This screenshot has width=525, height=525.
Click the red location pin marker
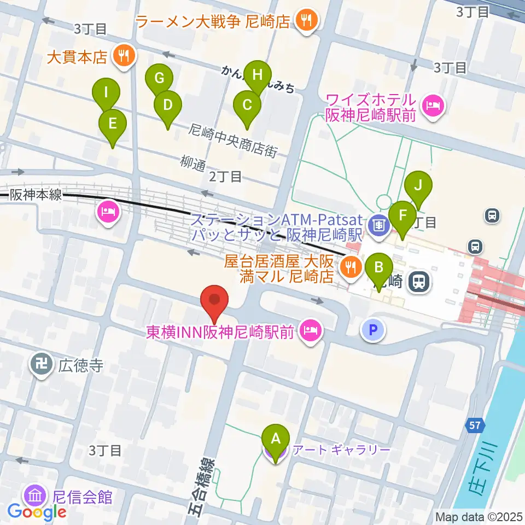[x=214, y=303]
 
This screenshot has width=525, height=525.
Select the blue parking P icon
[x=373, y=330]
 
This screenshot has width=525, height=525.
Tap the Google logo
[x=37, y=512]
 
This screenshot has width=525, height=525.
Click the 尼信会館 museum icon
[x=36, y=496]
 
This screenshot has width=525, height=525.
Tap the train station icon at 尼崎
[x=419, y=282]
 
